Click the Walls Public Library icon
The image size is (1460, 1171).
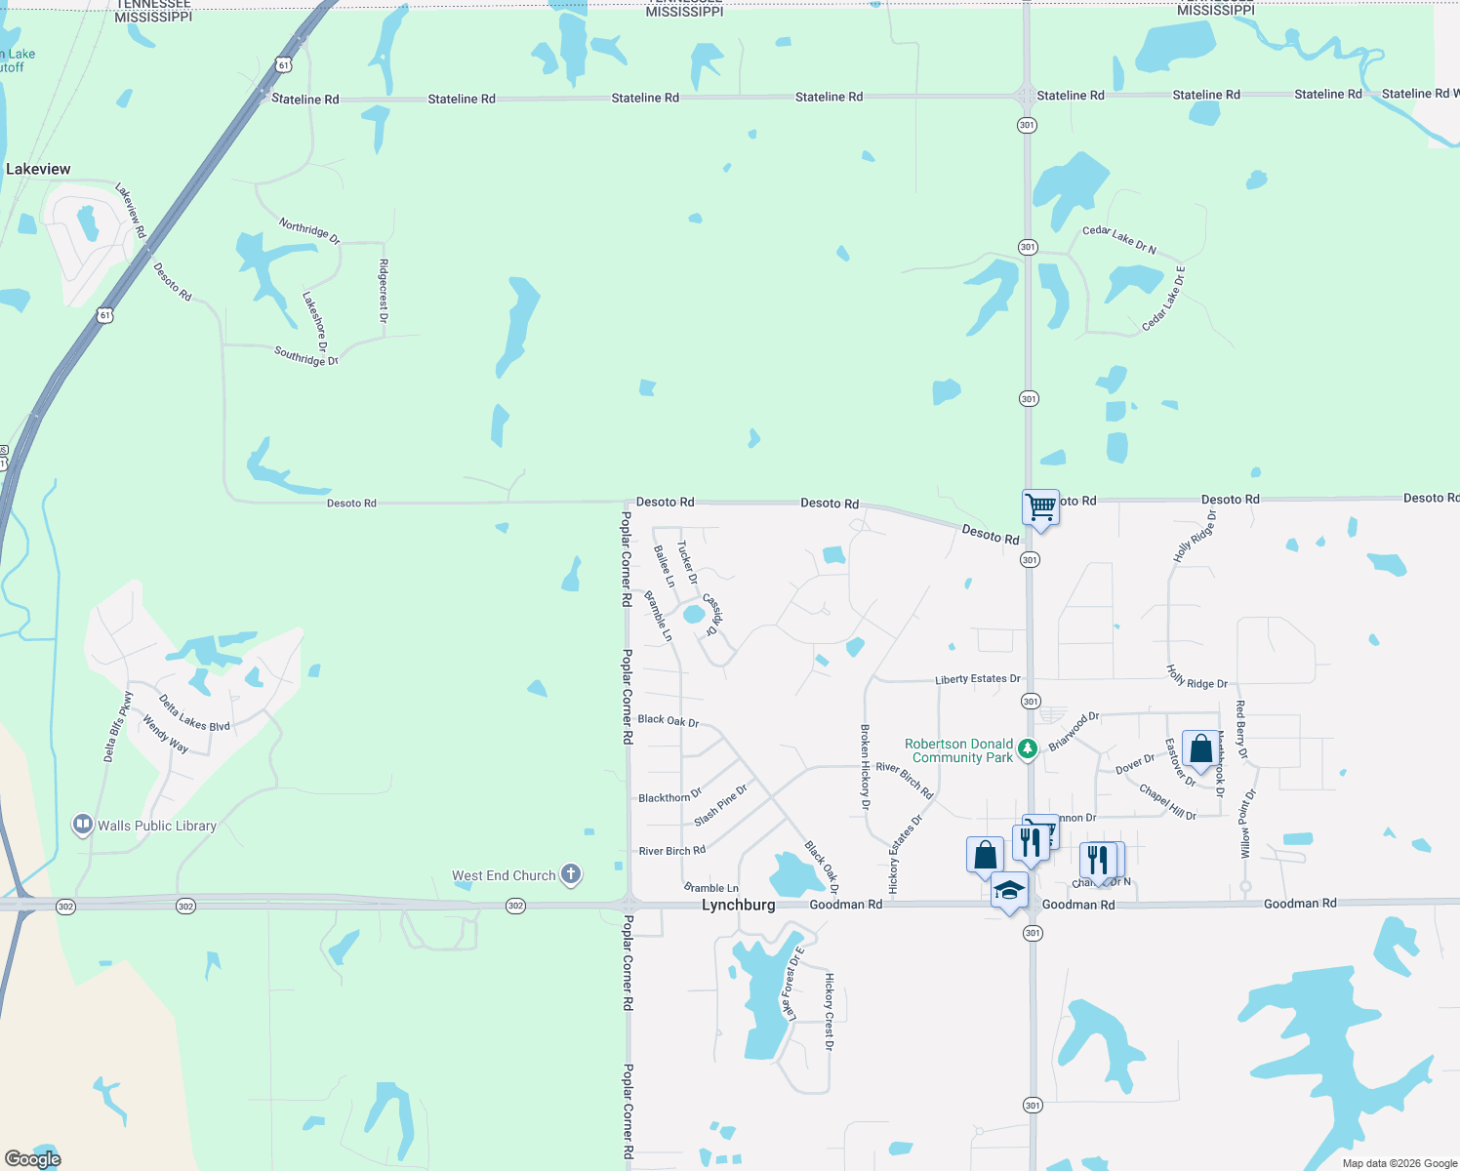(83, 826)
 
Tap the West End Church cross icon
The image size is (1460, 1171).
(572, 874)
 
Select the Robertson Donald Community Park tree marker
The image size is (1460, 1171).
(1027, 749)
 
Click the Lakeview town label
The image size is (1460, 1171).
(38, 169)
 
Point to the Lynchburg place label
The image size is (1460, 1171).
(739, 905)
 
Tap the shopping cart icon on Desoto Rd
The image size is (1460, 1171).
(1040, 507)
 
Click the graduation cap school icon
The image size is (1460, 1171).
(1009, 890)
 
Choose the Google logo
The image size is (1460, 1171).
(32, 1159)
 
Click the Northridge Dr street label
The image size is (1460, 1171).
(309, 231)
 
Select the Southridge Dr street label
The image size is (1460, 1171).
(306, 356)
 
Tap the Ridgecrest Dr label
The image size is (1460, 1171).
(384, 291)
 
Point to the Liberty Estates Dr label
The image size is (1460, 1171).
(977, 679)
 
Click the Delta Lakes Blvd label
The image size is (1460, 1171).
(194, 712)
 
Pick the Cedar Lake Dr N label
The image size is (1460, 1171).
(1118, 240)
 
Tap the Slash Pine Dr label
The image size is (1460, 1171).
(720, 805)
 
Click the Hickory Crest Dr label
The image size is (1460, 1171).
(830, 1011)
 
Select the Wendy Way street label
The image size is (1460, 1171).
(165, 734)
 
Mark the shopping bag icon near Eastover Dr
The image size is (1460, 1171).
(1200, 749)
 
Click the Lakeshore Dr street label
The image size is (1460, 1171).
(314, 321)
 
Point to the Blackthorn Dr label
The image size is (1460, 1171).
(669, 797)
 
